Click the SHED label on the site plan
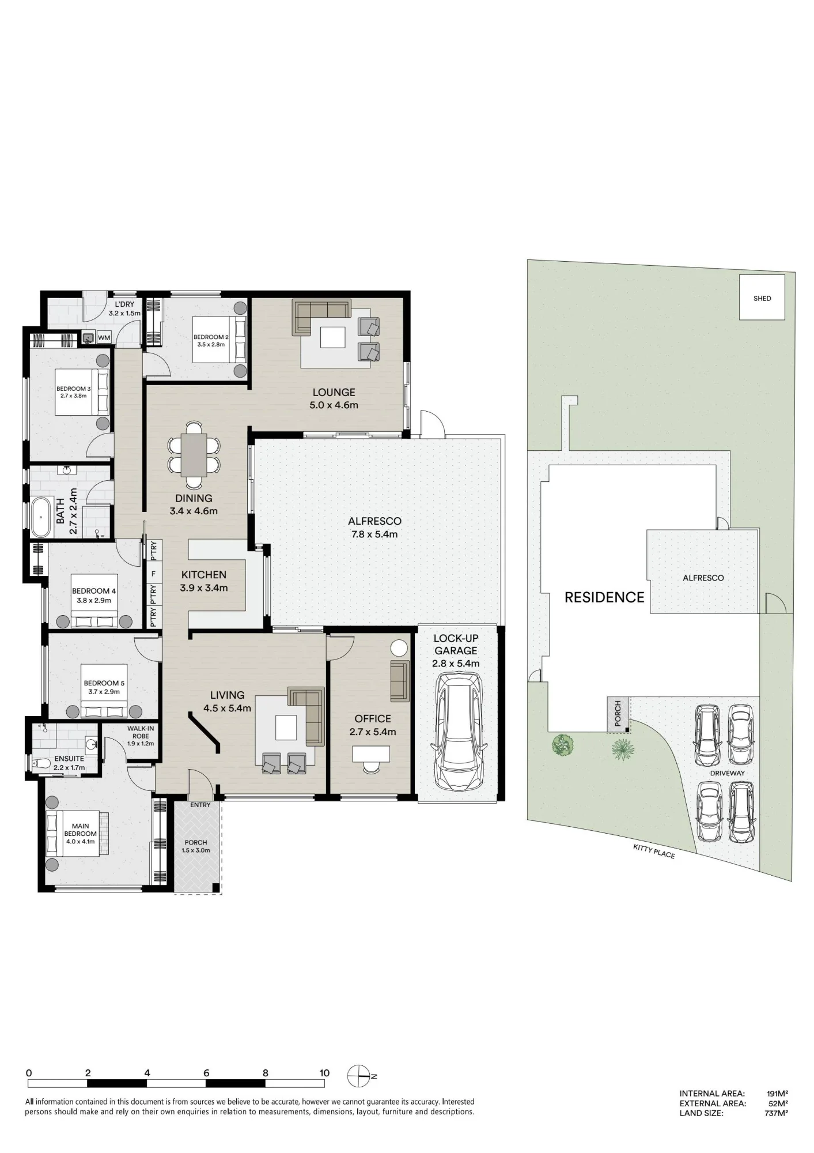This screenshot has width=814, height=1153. click(762, 299)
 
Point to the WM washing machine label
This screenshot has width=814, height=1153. click(104, 338)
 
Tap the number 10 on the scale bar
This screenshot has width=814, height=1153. click(324, 1073)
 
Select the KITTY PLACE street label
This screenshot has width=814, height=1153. click(654, 851)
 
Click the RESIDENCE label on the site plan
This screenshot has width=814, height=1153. click(604, 598)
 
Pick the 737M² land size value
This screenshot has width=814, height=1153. click(777, 1113)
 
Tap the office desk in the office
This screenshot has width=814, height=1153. click(371, 753)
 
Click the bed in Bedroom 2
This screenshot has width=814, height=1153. click(219, 340)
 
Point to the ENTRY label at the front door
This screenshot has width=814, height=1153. click(200, 805)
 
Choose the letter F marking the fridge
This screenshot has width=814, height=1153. click(153, 574)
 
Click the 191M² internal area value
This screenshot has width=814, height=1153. click(777, 1093)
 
